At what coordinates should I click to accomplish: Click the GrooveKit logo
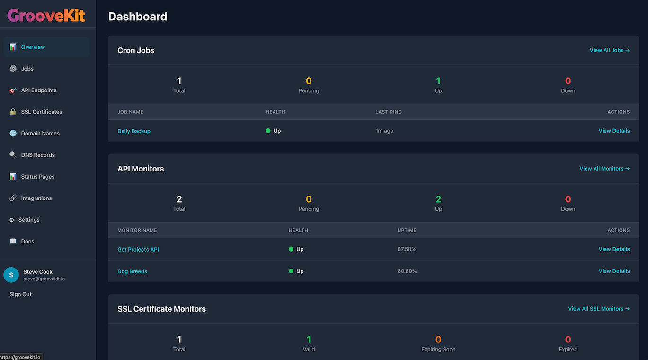click(46, 16)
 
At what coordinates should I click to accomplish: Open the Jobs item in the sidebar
click(27, 69)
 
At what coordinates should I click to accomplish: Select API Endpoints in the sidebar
click(38, 90)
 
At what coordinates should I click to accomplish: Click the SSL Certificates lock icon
click(13, 112)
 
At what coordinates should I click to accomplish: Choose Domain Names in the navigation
click(40, 134)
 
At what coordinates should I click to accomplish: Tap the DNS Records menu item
click(38, 155)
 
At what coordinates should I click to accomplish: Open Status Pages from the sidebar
click(37, 177)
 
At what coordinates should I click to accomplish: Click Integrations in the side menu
click(36, 198)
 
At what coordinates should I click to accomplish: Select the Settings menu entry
click(28, 220)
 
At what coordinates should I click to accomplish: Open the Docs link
click(27, 242)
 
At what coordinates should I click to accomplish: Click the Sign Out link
click(21, 294)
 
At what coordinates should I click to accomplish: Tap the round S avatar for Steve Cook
click(11, 275)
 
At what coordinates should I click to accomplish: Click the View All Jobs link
click(609, 50)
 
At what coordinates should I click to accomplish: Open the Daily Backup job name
click(134, 131)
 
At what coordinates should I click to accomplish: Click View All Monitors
click(604, 169)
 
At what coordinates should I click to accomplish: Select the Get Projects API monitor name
click(138, 250)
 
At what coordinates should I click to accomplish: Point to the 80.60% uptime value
click(407, 271)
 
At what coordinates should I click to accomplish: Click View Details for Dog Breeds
click(614, 271)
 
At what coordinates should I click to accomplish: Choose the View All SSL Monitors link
click(599, 309)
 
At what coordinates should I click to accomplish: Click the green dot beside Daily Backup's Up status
click(268, 131)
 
